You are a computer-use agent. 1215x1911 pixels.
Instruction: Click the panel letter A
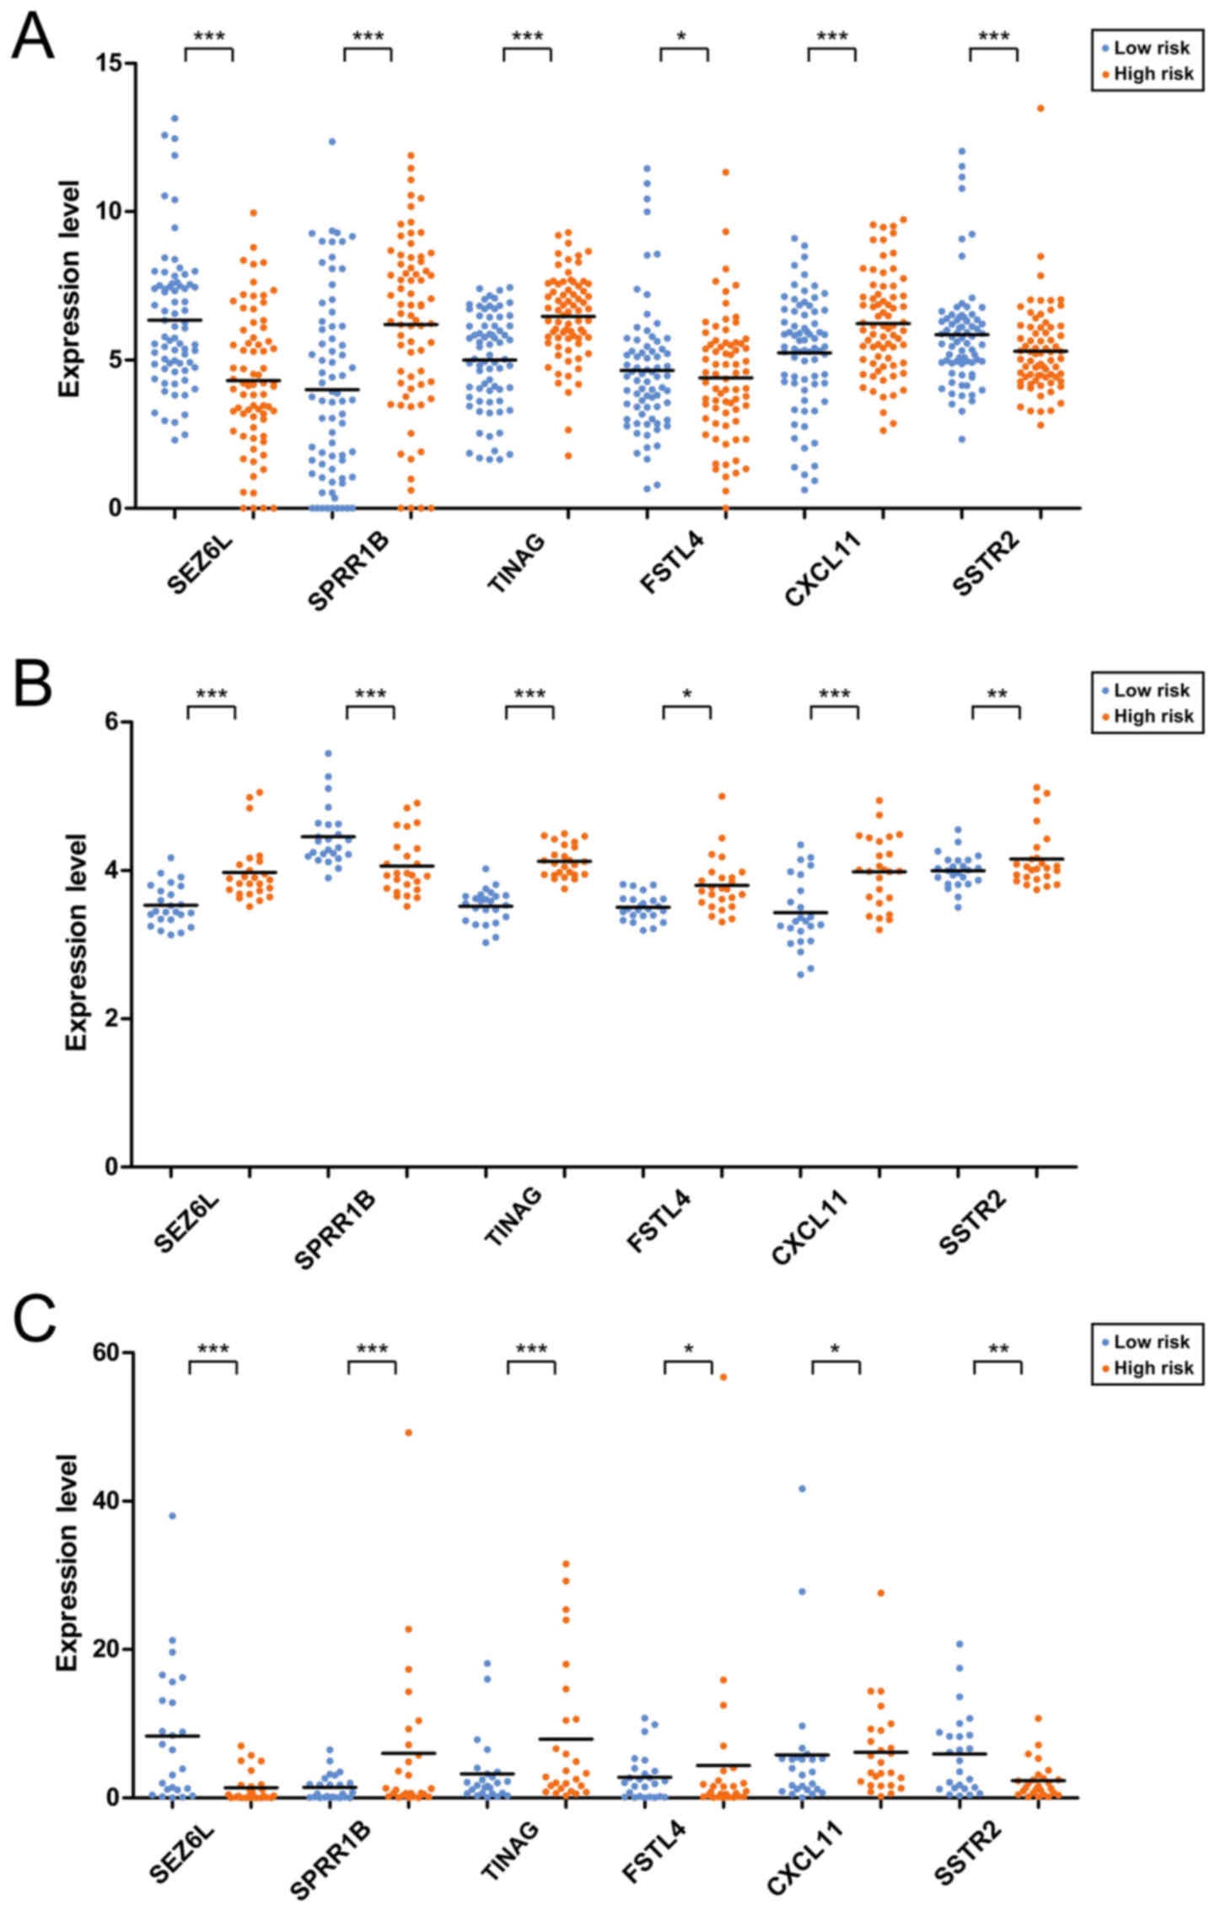point(32,37)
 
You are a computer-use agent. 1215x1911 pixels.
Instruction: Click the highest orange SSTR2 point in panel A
point(1040,108)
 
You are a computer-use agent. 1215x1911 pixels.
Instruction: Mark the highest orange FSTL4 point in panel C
point(723,1377)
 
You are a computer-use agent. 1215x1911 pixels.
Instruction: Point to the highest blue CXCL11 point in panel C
point(802,1489)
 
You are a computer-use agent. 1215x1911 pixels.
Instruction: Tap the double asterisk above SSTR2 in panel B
point(997,695)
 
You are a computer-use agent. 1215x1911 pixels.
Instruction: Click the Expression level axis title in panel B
point(76,942)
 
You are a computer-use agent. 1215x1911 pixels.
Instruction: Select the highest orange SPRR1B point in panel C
point(409,1432)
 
